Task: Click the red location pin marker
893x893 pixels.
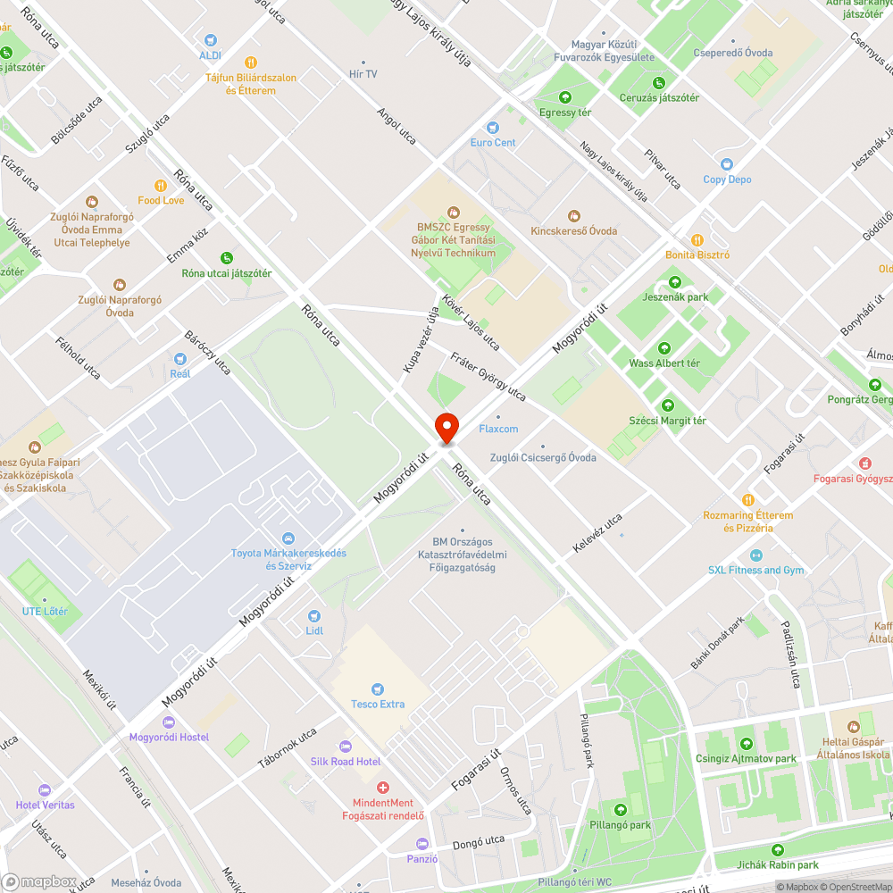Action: click(x=446, y=429)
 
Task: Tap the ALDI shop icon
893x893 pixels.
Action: click(x=210, y=40)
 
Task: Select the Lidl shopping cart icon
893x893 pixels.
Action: click(x=314, y=615)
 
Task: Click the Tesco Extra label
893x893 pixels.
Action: click(x=378, y=705)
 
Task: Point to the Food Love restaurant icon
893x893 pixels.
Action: click(x=161, y=186)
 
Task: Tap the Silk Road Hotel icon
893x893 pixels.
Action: click(x=346, y=747)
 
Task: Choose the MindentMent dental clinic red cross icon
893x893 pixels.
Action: click(x=383, y=788)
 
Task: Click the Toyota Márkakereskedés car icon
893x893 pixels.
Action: click(x=288, y=538)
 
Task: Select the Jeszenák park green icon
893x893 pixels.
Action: click(x=675, y=282)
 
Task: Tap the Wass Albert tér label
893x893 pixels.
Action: click(x=664, y=363)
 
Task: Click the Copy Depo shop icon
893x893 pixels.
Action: click(x=727, y=164)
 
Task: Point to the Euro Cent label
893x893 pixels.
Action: click(x=493, y=143)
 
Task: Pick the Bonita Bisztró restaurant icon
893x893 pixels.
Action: click(x=697, y=239)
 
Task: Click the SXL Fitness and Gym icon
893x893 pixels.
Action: click(x=756, y=555)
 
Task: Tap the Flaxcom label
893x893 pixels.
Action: click(x=498, y=430)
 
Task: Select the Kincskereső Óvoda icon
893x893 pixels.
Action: click(x=573, y=216)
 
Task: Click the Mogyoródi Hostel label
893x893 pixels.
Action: click(x=169, y=738)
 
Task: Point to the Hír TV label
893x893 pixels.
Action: click(x=363, y=74)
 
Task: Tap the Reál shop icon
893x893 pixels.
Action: click(x=180, y=359)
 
